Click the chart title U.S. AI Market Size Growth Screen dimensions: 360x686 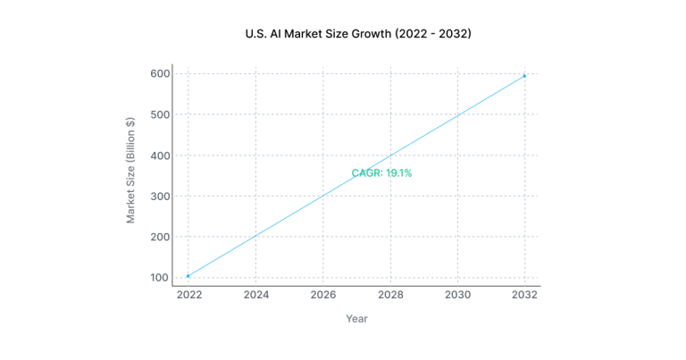tap(357, 34)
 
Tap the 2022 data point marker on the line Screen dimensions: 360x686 tap(188, 276)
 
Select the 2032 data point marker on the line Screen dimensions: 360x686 tap(524, 76)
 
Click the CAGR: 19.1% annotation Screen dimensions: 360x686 tap(381, 173)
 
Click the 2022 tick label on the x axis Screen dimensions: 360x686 tap(188, 295)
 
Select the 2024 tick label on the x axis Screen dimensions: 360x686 tap(255, 295)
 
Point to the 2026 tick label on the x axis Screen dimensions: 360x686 tap(322, 295)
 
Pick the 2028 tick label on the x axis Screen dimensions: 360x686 tap(390, 295)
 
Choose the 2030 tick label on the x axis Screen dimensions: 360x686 tap(457, 295)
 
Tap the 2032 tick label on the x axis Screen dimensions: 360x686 tap(524, 295)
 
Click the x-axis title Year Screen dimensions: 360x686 tap(356, 319)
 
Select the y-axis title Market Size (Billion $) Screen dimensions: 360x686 tap(130, 170)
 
